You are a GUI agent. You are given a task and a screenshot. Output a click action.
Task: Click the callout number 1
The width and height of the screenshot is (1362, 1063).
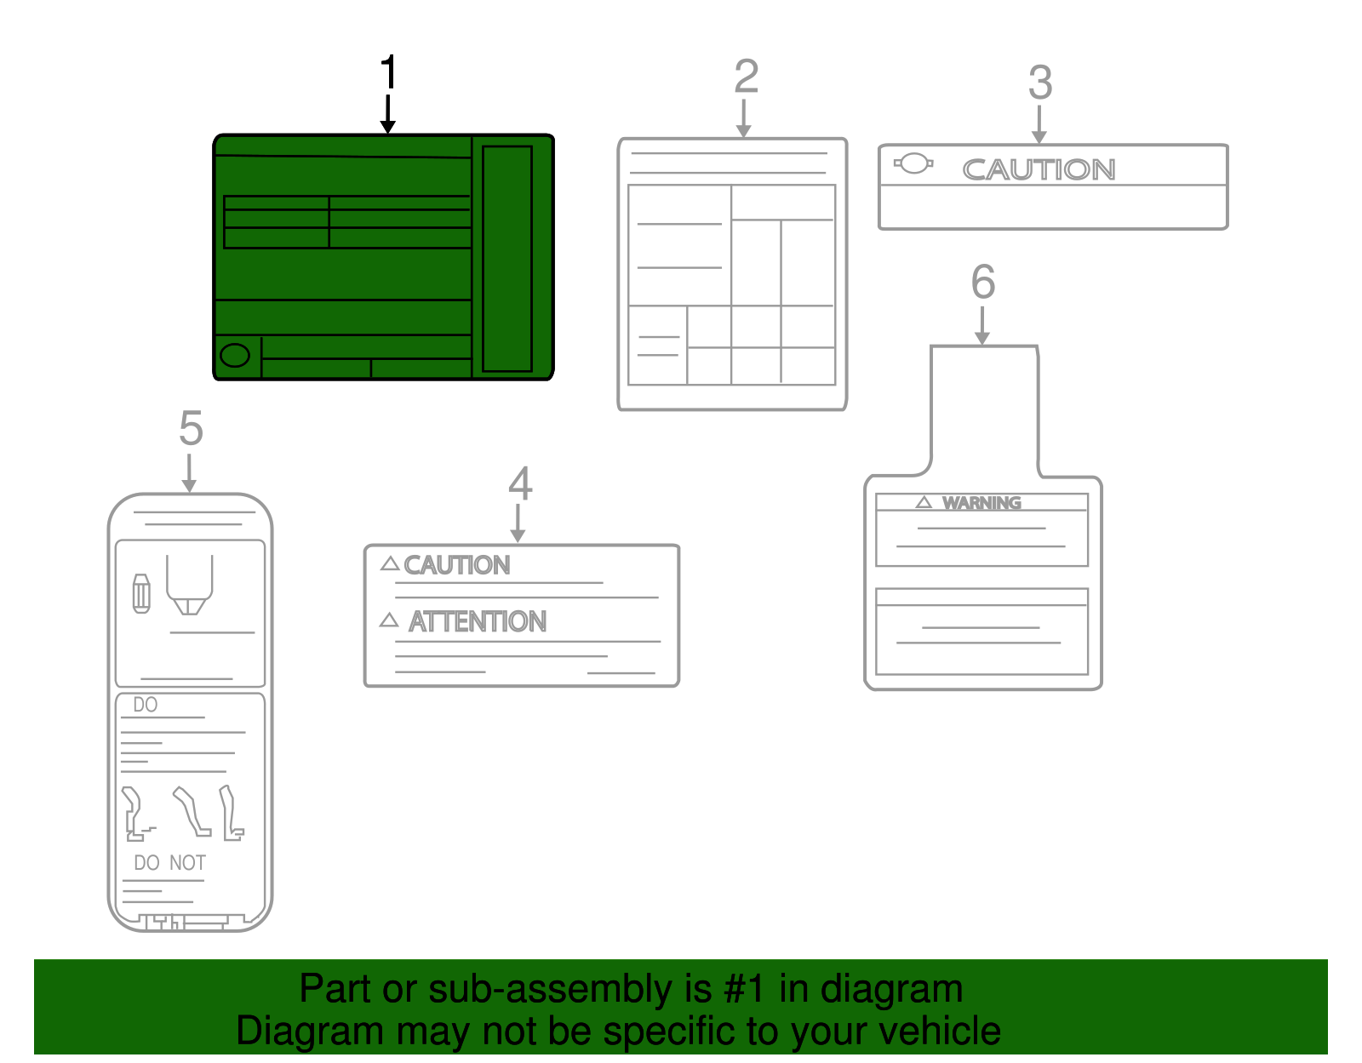(388, 72)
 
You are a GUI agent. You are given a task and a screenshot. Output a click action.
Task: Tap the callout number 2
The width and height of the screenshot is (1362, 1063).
(746, 77)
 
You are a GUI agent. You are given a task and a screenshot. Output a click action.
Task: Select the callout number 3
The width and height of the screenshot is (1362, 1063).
(1039, 83)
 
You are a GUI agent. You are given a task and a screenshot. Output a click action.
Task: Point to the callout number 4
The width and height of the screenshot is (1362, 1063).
(520, 484)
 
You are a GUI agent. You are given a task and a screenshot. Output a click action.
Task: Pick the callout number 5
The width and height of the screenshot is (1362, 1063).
(191, 428)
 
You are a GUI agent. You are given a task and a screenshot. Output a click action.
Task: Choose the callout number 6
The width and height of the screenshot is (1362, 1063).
(982, 282)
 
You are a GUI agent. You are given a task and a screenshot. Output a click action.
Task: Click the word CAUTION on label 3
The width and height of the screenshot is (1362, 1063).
(1039, 170)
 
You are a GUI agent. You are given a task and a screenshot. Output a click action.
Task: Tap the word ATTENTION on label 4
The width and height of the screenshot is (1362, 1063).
(478, 622)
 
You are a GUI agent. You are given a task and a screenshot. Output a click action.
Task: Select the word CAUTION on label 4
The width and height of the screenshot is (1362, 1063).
(457, 565)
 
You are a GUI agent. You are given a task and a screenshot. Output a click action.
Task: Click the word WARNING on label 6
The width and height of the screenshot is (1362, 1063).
(981, 503)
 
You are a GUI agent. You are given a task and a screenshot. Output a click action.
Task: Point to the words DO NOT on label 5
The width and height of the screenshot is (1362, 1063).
(169, 863)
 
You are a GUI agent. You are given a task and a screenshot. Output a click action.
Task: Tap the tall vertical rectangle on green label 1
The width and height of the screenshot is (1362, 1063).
(507, 259)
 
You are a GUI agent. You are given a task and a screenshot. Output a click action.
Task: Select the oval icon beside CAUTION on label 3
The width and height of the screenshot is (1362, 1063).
(913, 163)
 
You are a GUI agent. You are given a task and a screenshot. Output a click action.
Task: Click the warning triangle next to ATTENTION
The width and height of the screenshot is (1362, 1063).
(389, 620)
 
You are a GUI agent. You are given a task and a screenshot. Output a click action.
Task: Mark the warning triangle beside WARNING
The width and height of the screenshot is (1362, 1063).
(924, 502)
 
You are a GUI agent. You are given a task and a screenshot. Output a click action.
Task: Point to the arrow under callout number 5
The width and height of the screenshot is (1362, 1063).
(189, 473)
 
